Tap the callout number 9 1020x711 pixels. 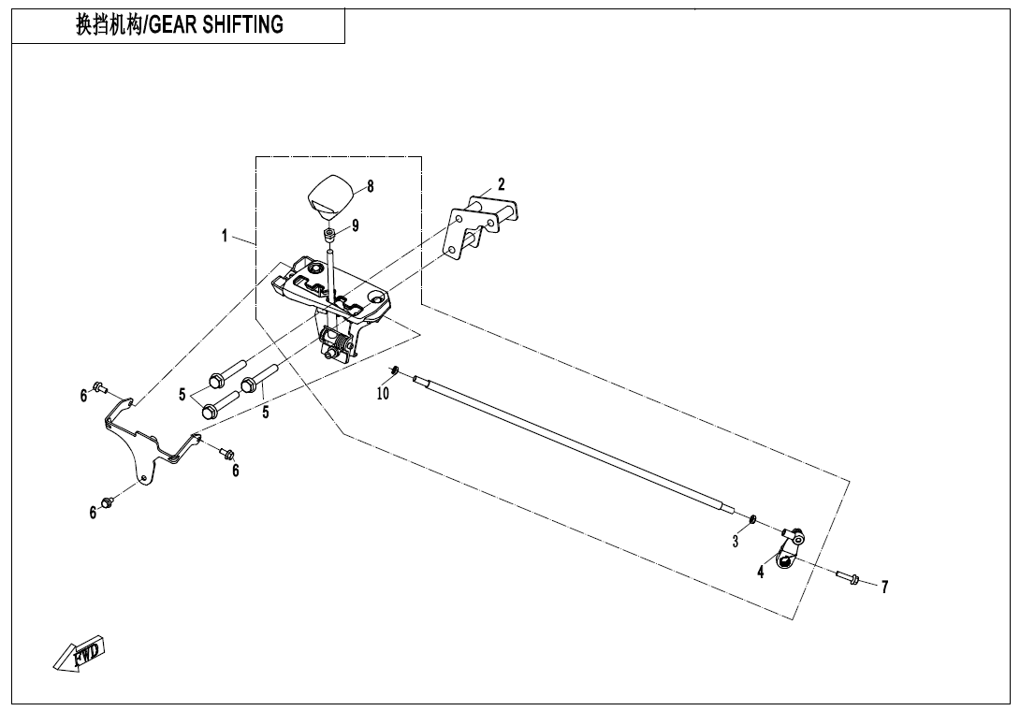tap(355, 225)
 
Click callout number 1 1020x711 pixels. tap(225, 236)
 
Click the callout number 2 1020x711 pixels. tap(502, 183)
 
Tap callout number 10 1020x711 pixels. tap(383, 394)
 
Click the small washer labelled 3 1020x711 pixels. tap(752, 518)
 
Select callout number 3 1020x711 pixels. tap(736, 541)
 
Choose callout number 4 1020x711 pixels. tap(761, 573)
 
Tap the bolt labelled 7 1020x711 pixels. tap(848, 578)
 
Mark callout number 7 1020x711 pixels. tap(884, 588)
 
